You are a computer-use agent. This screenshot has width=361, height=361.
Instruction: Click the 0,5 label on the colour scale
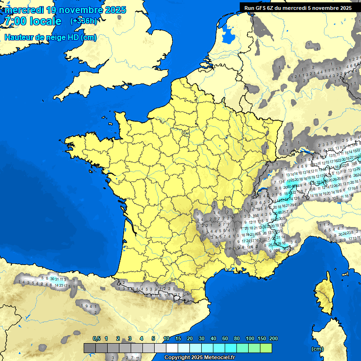tap(96, 338)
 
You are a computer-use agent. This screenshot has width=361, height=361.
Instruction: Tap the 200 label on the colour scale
tap(274, 338)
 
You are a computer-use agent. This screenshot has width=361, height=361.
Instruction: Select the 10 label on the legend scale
tap(166, 338)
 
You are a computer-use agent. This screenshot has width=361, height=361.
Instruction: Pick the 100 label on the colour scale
tap(250, 338)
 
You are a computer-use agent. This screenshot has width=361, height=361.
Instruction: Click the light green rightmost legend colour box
tap(266, 348)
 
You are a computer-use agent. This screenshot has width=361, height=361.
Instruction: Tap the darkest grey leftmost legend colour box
tap(90, 348)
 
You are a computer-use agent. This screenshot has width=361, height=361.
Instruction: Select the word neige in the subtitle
tap(53, 38)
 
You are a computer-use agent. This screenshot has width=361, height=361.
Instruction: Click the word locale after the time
tap(45, 22)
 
